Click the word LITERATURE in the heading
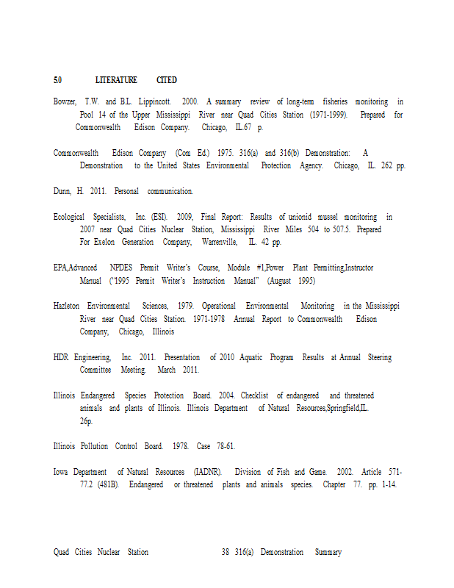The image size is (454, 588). (116, 79)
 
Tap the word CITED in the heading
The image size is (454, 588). (166, 79)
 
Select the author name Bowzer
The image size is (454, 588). (65, 101)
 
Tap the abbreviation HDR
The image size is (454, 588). (61, 357)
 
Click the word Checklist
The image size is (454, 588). (254, 395)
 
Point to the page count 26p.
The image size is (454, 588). (87, 422)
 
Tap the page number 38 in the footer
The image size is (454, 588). (226, 552)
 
